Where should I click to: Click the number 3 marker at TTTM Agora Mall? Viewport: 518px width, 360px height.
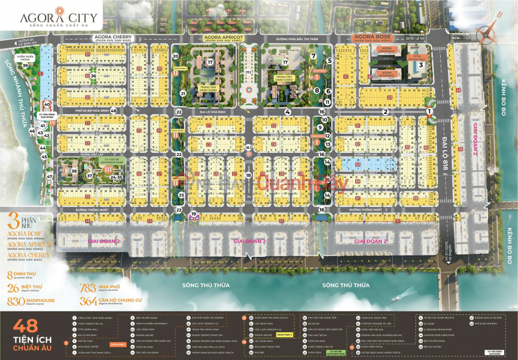point(421,65)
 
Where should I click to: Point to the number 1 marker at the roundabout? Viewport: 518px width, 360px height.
point(429,110)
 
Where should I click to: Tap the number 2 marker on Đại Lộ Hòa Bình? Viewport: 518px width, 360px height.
point(386,111)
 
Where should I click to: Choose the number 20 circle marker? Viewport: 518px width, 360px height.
point(176,56)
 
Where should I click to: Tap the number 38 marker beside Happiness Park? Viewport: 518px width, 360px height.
point(74,172)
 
